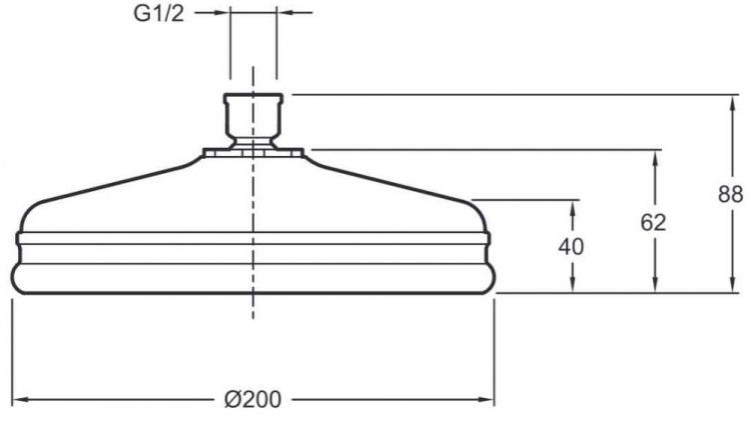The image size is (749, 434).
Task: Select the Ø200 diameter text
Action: [253, 400]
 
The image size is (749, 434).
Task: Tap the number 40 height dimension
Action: [572, 246]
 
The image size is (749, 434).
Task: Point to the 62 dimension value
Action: [654, 222]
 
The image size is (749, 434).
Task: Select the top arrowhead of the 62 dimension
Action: [655, 157]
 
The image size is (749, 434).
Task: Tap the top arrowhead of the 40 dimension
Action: [573, 205]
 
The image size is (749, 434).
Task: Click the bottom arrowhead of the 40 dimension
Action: [573, 287]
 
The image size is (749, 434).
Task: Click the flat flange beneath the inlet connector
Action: [253, 153]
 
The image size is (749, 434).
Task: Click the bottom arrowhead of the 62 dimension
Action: [655, 287]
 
